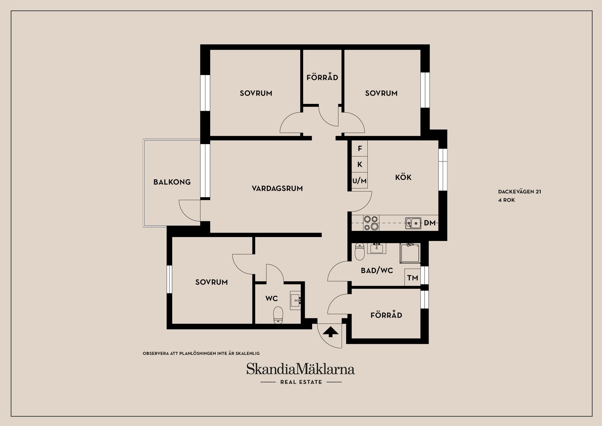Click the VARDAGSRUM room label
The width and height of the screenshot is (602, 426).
coord(277,188)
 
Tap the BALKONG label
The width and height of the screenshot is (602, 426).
coord(172,182)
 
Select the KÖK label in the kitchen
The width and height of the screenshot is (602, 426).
coord(403,177)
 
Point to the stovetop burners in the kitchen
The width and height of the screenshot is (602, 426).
coord(371,223)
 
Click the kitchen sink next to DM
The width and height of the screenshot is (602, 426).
coord(413,223)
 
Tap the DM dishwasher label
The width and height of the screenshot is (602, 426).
coord(430,223)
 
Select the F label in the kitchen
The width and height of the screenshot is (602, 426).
coord(360,148)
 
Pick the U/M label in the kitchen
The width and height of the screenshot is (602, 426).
coord(359,181)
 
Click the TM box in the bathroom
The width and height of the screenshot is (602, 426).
coord(412,278)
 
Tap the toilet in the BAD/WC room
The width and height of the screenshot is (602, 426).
coord(359,252)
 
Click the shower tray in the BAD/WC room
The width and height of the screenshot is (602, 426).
coord(409,253)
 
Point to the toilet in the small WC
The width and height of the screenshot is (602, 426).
coord(278,315)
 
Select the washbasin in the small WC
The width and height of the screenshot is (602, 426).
coord(296,300)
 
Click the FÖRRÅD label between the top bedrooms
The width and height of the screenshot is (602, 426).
coord(322,77)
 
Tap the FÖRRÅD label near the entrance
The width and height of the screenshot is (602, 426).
coord(386,315)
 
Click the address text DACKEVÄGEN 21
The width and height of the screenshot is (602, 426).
coord(520,192)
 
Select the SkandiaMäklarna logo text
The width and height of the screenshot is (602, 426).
coord(300,369)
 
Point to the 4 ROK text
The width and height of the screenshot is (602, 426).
coord(506,200)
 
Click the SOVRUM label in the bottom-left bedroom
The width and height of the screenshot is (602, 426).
coord(211,282)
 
